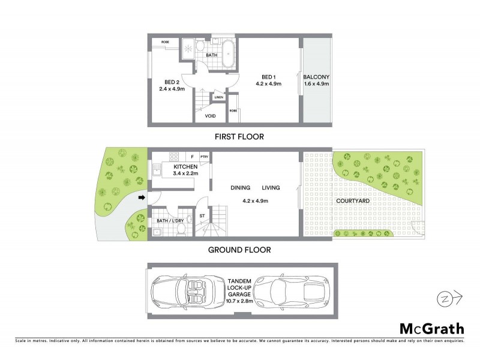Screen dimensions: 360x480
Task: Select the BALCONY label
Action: pyautogui.click(x=316, y=77)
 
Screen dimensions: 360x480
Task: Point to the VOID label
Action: pyautogui.click(x=210, y=116)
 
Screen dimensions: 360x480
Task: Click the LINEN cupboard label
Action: pyautogui.click(x=219, y=97)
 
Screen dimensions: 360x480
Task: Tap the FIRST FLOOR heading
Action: pyautogui.click(x=239, y=137)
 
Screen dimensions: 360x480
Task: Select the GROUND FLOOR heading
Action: pyautogui.click(x=239, y=250)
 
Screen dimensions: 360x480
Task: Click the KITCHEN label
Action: pyautogui.click(x=185, y=166)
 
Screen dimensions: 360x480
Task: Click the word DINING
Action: pyautogui.click(x=240, y=188)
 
